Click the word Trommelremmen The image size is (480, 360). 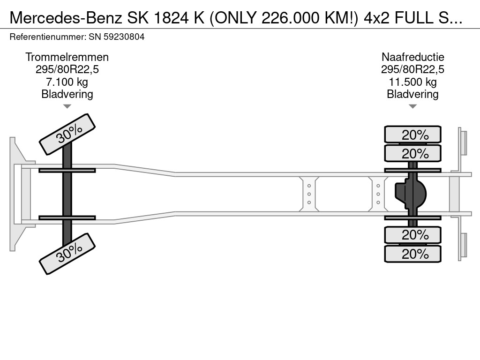pos(67,57)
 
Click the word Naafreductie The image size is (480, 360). pos(412,57)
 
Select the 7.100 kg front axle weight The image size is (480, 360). pos(67,82)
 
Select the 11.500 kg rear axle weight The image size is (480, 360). pos(412,82)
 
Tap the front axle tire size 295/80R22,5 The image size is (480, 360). pos(67,69)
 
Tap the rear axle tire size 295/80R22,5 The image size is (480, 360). pos(412,69)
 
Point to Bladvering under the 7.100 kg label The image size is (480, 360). pos(67,94)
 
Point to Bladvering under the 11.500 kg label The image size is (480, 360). pos(412,94)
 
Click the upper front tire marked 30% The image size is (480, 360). pos(67,134)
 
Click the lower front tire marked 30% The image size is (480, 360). pos(67,254)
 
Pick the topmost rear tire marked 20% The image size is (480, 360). pos(412,135)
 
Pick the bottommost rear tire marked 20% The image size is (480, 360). pos(412,254)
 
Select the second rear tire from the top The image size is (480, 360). pos(412,153)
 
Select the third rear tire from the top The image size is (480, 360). pos(412,235)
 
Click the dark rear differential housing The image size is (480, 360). pos(411,194)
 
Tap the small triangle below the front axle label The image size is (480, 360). pos(67,106)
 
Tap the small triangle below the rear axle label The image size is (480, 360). pos(412,106)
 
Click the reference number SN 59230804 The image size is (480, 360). pos(117,37)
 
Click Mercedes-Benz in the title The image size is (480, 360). pos(66,18)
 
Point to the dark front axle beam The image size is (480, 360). pos(67,194)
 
